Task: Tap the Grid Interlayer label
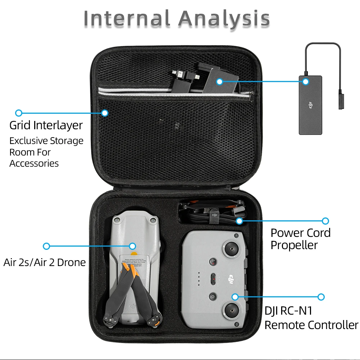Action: coord(46,125)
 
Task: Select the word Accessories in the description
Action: coord(34,163)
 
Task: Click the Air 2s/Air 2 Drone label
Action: coord(45,262)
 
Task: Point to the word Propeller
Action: coord(294,246)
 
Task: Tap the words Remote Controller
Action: coord(311,325)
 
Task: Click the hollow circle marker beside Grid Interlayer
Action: coord(19,113)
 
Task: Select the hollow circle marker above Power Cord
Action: coord(325,221)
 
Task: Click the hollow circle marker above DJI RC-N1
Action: coord(321,297)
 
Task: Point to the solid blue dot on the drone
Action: coord(132,246)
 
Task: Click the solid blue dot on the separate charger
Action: coord(306,82)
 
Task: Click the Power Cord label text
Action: coord(300,233)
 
